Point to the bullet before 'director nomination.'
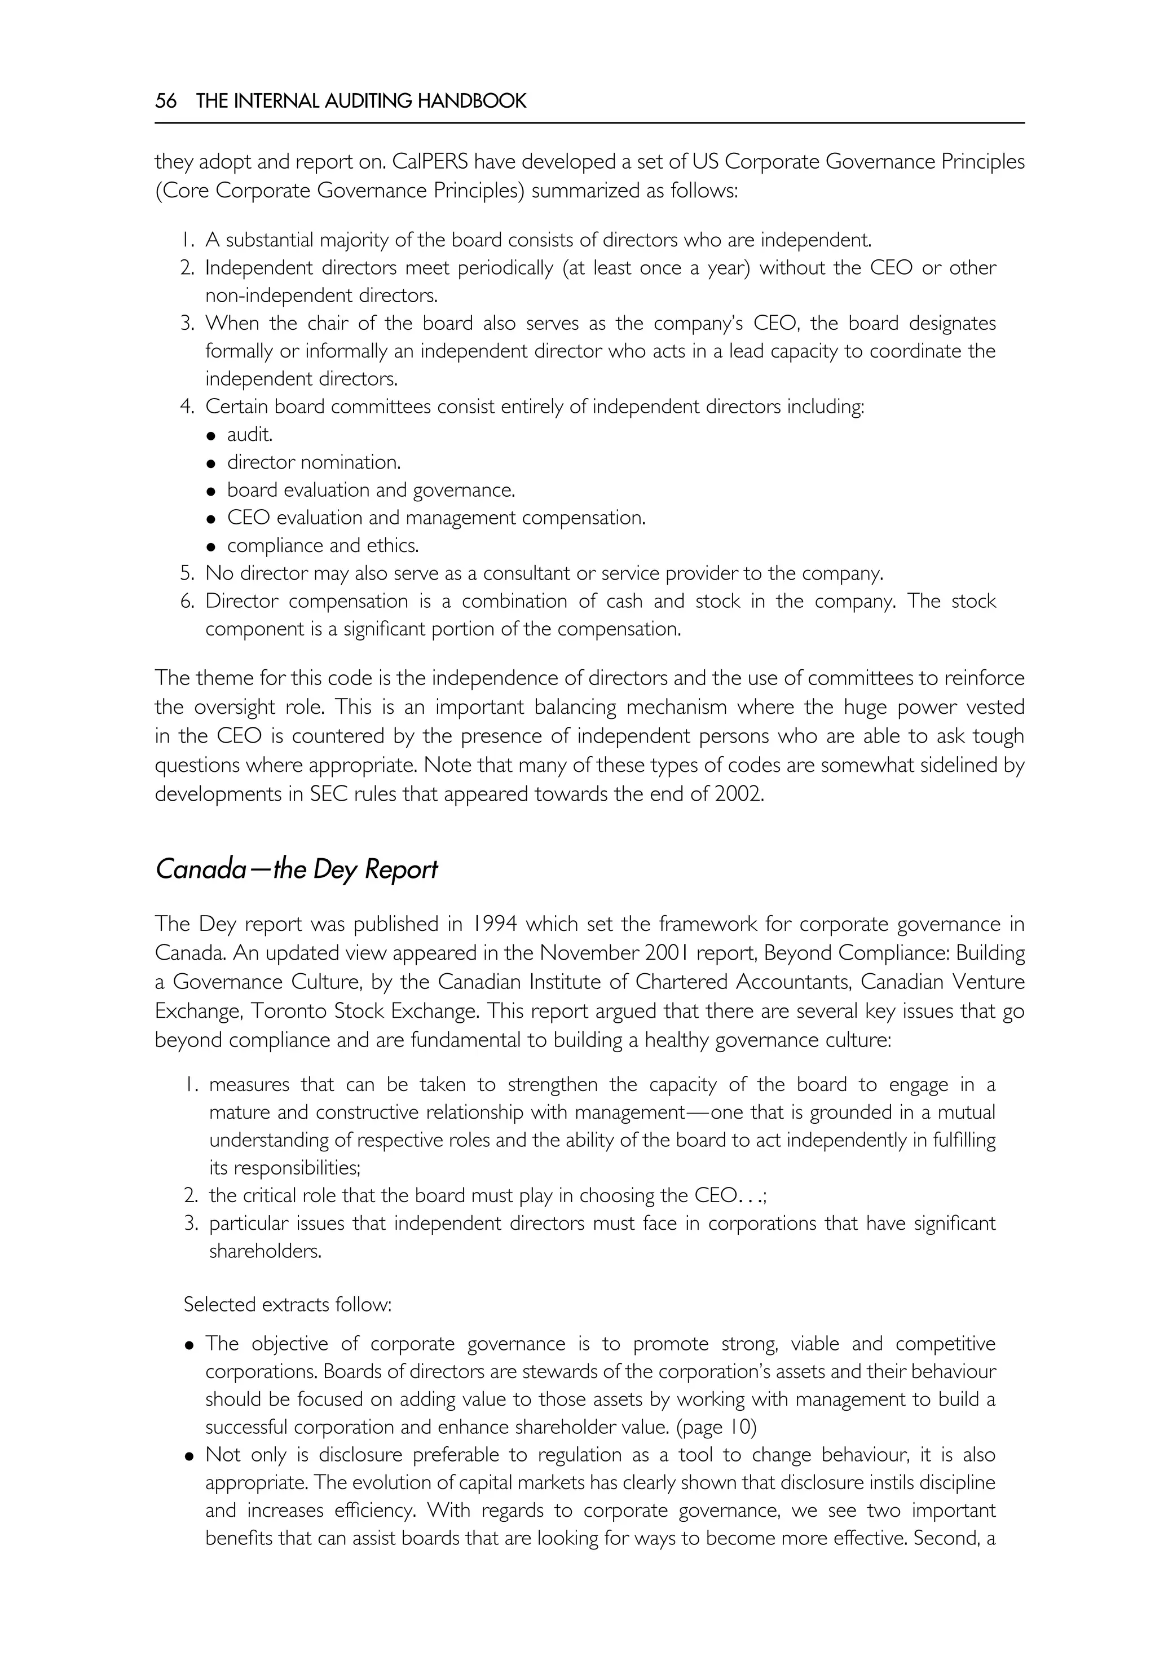tap(211, 463)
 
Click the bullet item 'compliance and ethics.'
tap(323, 546)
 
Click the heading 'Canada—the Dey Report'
tap(296, 869)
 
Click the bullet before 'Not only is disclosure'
tap(189, 1456)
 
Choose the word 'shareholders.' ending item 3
tap(266, 1251)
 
